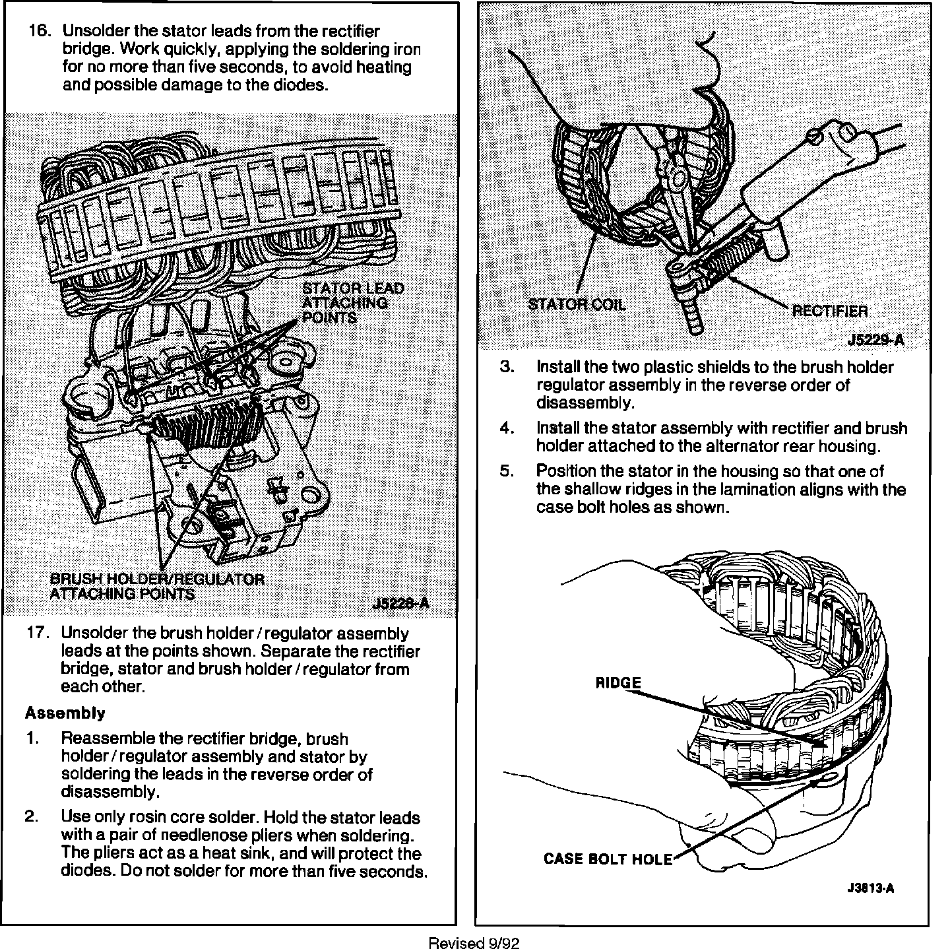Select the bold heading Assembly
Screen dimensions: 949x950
click(65, 713)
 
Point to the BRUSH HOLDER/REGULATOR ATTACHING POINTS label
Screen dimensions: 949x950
click(157, 586)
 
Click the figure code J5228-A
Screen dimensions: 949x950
click(400, 603)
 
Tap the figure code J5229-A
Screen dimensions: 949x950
click(875, 341)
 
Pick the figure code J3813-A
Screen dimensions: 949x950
click(871, 888)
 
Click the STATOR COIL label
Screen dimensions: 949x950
click(577, 304)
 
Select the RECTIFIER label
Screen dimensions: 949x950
click(829, 311)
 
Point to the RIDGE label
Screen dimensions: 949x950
click(617, 683)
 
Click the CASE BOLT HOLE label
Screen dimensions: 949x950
click(608, 859)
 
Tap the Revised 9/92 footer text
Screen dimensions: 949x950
click(474, 943)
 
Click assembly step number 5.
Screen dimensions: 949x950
click(507, 472)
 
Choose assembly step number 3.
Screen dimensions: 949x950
click(507, 367)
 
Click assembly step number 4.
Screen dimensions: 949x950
click(507, 428)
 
